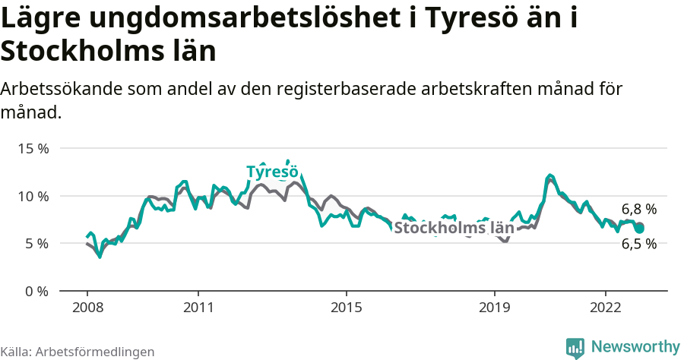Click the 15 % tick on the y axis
(33, 149)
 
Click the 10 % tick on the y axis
(33, 196)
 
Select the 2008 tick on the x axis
(87, 308)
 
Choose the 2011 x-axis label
(198, 308)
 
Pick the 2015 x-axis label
(347, 308)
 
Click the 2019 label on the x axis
(495, 308)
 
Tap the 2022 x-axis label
(606, 308)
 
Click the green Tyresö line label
(271, 172)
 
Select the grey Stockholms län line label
(454, 227)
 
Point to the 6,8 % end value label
(638, 209)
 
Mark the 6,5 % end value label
(638, 244)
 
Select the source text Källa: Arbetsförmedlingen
(78, 352)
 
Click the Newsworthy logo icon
(575, 347)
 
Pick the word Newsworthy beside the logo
(635, 347)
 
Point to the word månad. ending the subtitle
(30, 113)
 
